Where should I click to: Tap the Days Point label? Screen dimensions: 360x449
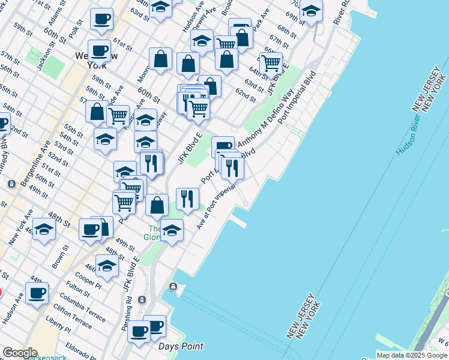coord(181,346)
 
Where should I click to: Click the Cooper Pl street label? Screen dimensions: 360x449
coord(88,280)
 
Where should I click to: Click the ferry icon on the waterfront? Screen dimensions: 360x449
coord(174,287)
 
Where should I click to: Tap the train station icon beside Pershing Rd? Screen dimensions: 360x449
coord(142,299)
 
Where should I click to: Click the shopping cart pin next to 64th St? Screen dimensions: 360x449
coord(271,62)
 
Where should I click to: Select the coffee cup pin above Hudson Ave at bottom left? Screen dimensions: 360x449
coord(37,292)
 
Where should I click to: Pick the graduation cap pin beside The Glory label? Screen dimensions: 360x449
coord(172,230)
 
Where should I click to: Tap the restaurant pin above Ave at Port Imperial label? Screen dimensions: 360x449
coord(187,199)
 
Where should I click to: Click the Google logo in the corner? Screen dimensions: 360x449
coord(20,353)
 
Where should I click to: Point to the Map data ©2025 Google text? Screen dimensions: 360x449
coord(412,355)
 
